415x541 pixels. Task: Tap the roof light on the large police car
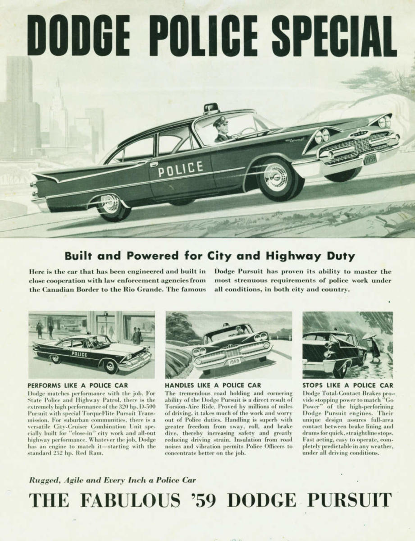point(210,108)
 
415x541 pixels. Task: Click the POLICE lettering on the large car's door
point(180,169)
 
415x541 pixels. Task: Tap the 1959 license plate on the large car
point(370,159)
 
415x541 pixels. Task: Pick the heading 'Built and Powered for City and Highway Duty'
point(210,256)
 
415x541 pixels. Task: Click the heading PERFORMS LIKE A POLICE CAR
point(78,385)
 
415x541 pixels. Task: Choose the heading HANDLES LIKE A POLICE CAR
point(213,385)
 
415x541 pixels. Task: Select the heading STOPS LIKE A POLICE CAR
point(347,385)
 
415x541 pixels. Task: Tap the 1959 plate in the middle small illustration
point(234,361)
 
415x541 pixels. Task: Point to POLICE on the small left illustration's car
point(79,354)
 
